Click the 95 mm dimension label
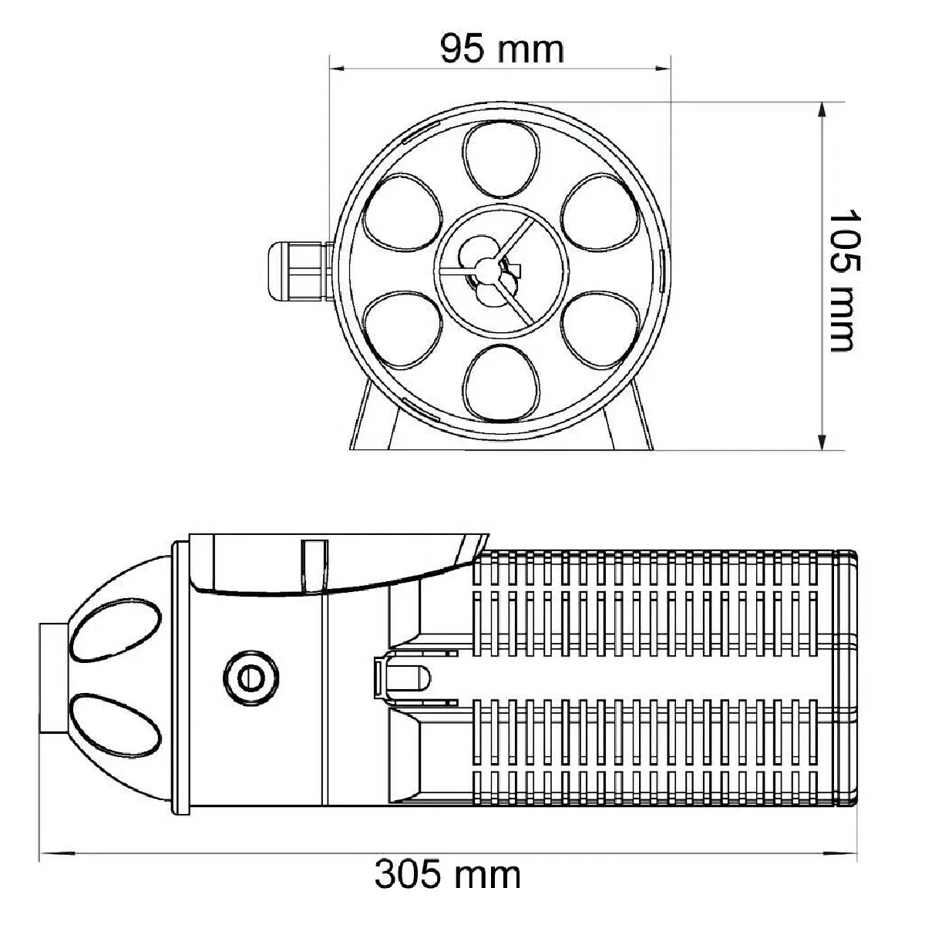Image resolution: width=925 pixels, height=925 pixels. click(502, 49)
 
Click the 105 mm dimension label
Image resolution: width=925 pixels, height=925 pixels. click(841, 280)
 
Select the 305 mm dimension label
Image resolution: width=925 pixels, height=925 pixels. click(448, 875)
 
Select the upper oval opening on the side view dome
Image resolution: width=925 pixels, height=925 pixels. click(117, 630)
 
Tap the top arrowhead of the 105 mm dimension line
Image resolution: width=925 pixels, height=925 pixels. click(824, 109)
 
